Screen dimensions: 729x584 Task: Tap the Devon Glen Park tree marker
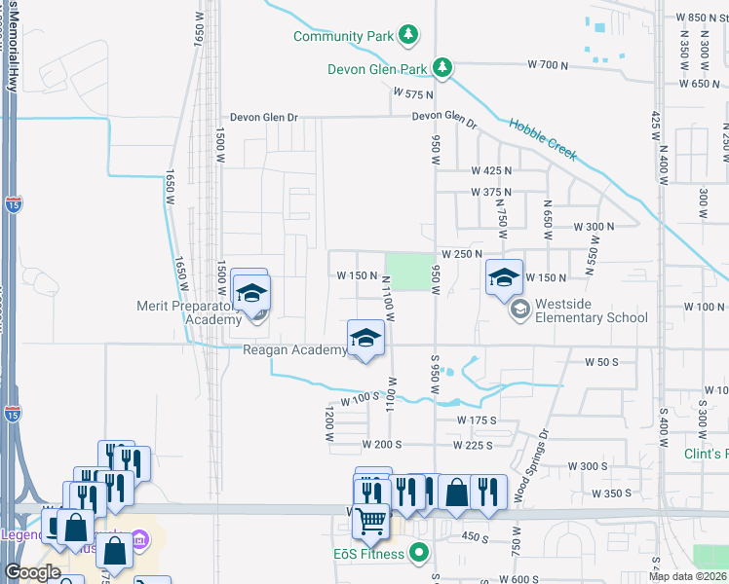pyautogui.click(x=443, y=67)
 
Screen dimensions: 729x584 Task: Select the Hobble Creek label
pyautogui.click(x=542, y=138)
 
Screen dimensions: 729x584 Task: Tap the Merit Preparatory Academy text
pyautogui.click(x=187, y=312)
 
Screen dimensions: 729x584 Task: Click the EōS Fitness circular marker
pyautogui.click(x=420, y=554)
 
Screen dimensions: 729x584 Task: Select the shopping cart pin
pyautogui.click(x=370, y=523)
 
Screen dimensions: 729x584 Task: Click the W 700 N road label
pyautogui.click(x=547, y=64)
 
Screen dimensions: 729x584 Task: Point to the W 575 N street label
pyautogui.click(x=413, y=93)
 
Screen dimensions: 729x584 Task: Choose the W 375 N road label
pyautogui.click(x=491, y=192)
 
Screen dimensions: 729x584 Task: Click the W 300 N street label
pyautogui.click(x=595, y=226)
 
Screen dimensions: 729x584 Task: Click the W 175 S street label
pyautogui.click(x=478, y=420)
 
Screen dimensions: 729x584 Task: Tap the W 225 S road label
pyautogui.click(x=473, y=445)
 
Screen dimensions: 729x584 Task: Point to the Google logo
pyautogui.click(x=32, y=572)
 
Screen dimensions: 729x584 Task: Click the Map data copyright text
pyautogui.click(x=687, y=576)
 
